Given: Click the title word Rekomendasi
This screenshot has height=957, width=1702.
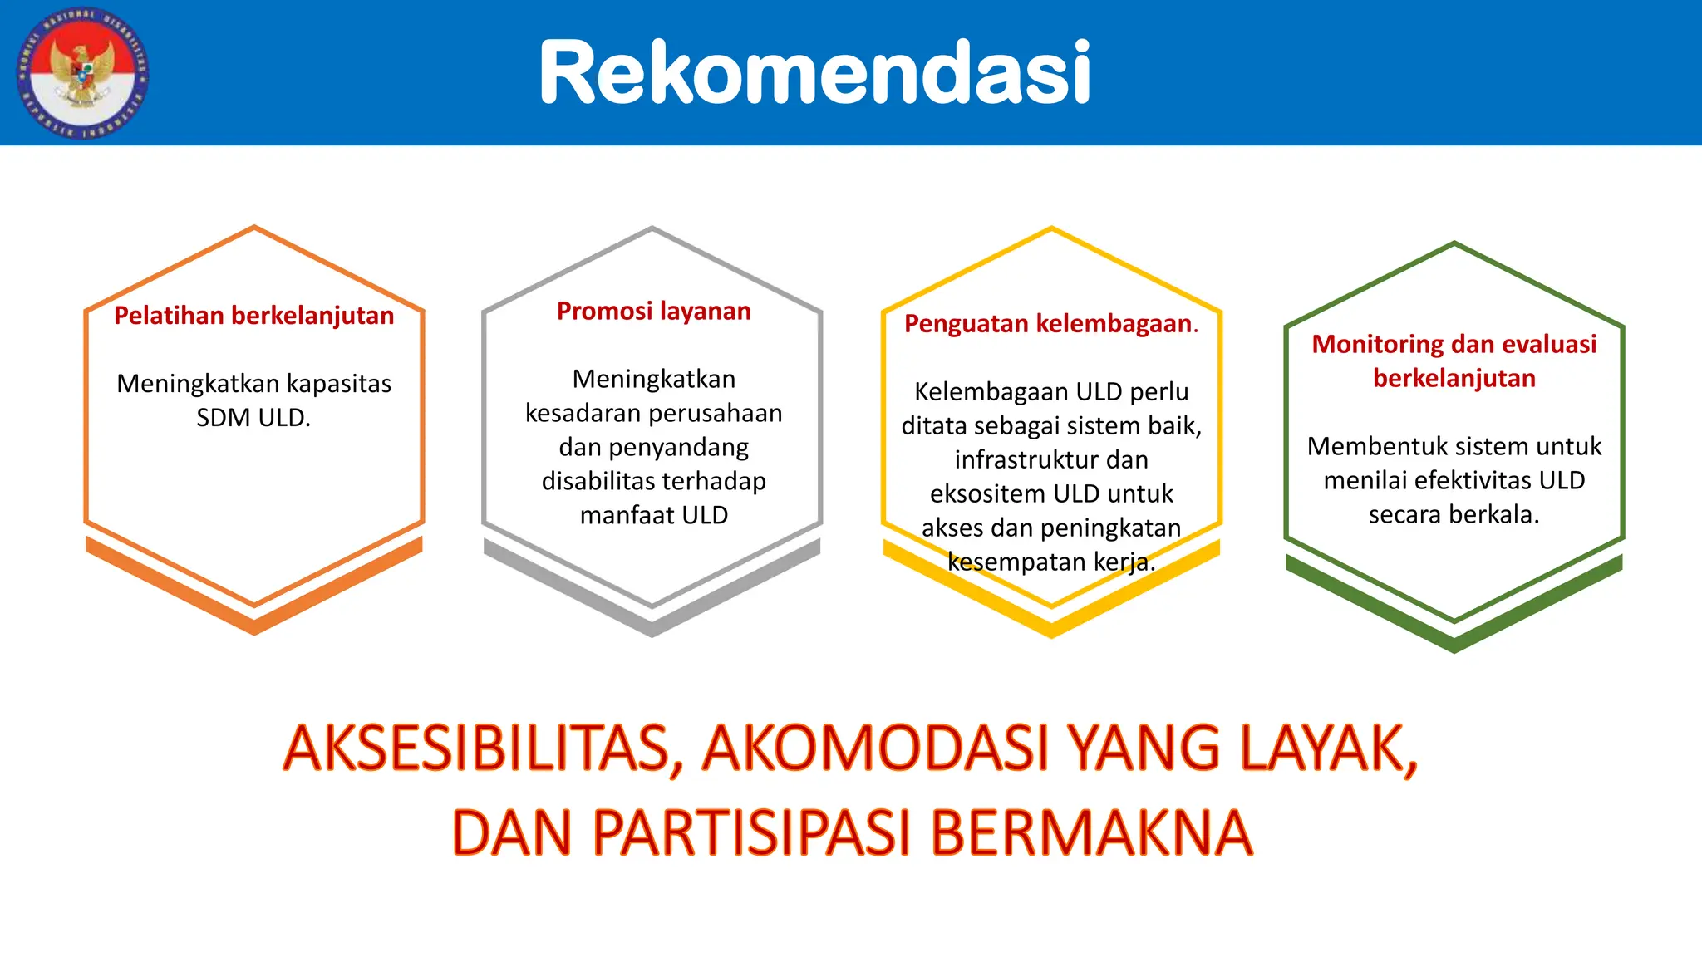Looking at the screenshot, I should tap(814, 73).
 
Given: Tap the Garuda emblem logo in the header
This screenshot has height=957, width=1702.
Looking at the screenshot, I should tap(82, 73).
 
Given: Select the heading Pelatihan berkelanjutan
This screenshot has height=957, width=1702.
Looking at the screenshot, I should tap(253, 316).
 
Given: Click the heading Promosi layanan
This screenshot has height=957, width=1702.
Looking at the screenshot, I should tap(653, 312).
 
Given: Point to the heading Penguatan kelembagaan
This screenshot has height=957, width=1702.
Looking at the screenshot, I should tap(1050, 324).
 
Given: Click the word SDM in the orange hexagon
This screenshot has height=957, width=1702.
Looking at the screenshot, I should tap(222, 418).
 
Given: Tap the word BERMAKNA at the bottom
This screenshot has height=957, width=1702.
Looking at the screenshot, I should tap(1090, 832).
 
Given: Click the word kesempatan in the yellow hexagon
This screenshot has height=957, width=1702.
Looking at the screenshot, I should tap(1016, 562).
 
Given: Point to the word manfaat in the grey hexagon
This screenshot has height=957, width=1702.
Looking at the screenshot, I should tap(627, 515).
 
